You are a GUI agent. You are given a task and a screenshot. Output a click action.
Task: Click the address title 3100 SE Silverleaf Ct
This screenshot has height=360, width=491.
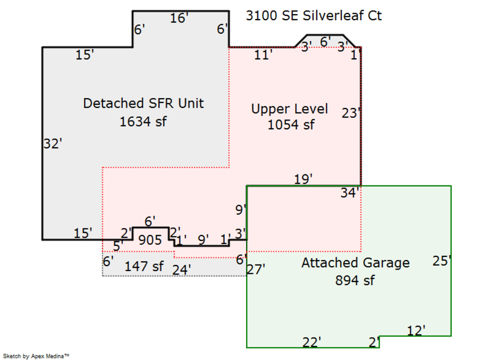(x=314, y=16)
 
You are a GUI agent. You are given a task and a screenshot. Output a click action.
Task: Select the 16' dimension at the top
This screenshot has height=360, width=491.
(x=179, y=19)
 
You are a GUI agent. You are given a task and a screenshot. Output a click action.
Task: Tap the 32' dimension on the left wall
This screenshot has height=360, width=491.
(x=52, y=144)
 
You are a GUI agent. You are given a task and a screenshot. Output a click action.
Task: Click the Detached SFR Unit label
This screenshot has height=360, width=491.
(x=143, y=103)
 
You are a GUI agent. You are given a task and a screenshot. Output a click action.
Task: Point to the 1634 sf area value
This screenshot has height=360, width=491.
(x=143, y=121)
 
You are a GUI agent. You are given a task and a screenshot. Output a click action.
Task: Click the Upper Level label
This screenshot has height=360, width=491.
(x=289, y=109)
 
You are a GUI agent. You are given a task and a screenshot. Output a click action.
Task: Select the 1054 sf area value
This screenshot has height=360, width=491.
(x=291, y=124)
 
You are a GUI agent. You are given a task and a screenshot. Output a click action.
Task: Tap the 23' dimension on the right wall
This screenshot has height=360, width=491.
(x=351, y=113)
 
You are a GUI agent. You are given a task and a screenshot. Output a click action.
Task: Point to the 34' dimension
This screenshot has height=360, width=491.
(x=349, y=193)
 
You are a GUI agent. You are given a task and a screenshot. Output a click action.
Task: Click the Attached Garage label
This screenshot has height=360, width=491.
(x=355, y=263)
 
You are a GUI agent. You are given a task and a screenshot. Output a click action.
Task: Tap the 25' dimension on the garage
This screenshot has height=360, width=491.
(x=442, y=261)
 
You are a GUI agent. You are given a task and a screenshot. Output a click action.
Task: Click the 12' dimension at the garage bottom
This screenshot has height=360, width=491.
(x=416, y=330)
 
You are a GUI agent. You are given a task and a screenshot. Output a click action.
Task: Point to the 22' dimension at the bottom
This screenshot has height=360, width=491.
(x=312, y=342)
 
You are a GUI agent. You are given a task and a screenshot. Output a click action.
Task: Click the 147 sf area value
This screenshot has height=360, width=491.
(x=144, y=267)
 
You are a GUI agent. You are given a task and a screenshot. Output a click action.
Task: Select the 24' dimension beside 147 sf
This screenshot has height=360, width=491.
(x=181, y=269)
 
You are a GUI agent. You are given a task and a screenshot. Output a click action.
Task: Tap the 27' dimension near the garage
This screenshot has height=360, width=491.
(x=256, y=269)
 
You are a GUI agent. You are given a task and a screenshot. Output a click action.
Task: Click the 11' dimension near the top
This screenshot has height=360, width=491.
(x=263, y=55)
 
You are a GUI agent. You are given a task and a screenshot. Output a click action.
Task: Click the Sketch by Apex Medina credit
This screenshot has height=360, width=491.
(x=36, y=356)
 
